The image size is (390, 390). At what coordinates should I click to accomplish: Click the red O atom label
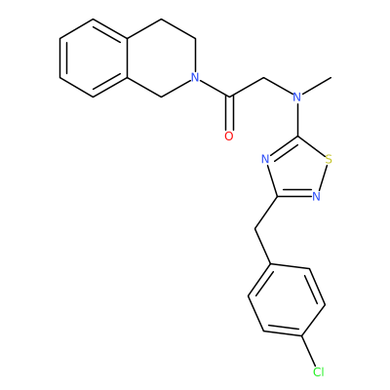pyautogui.click(x=229, y=136)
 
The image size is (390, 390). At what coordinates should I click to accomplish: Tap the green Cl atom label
pyautogui.click(x=318, y=371)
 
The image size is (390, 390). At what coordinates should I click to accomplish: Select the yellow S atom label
pyautogui.click(x=329, y=160)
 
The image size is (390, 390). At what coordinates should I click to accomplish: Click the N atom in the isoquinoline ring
pyautogui.click(x=195, y=77)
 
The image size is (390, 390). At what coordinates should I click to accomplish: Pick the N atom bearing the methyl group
pyautogui.click(x=296, y=97)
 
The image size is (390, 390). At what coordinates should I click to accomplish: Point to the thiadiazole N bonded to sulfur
pyautogui.click(x=316, y=196)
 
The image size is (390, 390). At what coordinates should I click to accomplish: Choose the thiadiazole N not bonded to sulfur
pyautogui.click(x=265, y=160)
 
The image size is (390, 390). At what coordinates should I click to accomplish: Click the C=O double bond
pyautogui.click(x=229, y=113)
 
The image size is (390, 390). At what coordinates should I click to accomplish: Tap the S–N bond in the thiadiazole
pyautogui.click(x=324, y=178)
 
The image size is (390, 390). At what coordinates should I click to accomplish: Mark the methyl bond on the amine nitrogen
pyautogui.click(x=316, y=86)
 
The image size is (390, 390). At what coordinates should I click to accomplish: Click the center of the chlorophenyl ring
pyautogui.click(x=287, y=300)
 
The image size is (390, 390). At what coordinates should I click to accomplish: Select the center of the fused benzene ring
pyautogui.click(x=94, y=58)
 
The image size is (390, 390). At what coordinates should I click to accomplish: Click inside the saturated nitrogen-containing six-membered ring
pyautogui.click(x=162, y=58)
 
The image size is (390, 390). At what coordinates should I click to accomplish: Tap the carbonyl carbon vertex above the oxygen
pyautogui.click(x=229, y=97)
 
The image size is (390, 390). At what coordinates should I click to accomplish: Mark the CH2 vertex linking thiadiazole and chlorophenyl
pyautogui.click(x=255, y=230)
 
